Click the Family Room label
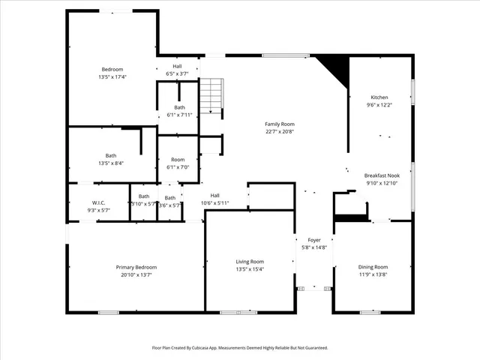[279, 124]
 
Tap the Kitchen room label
[379, 97]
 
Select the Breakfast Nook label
[382, 175]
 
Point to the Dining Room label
[373, 267]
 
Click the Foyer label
[314, 239]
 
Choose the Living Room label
[250, 261]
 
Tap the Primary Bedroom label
[136, 267]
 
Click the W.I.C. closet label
[98, 202]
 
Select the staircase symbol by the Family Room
[211, 95]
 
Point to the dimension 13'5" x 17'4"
[112, 76]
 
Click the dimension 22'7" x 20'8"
[279, 131]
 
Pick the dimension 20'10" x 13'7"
[136, 274]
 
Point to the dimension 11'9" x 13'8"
[373, 274]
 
